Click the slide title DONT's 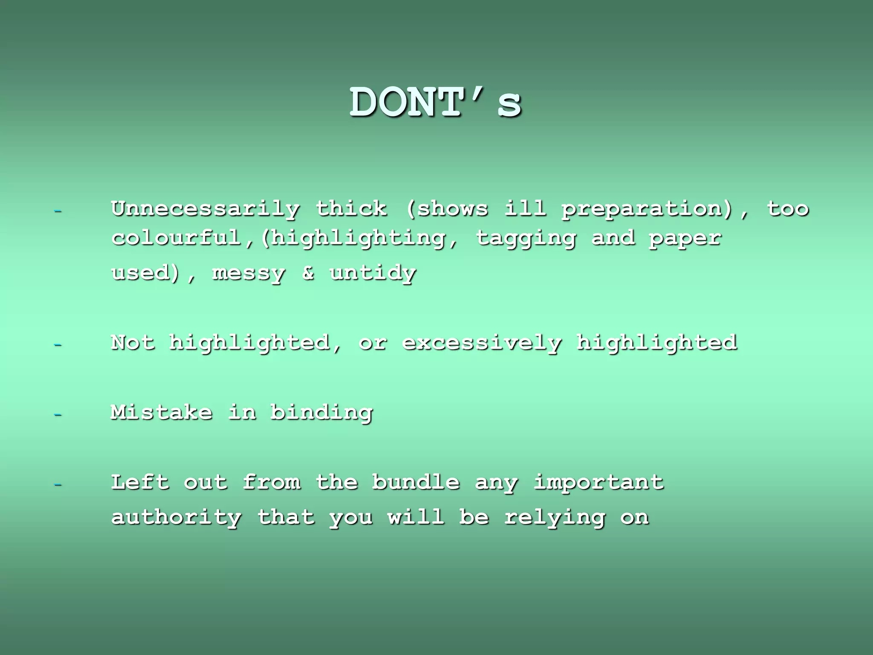pyautogui.click(x=436, y=103)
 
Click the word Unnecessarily pyautogui.click(x=205, y=209)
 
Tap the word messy pyautogui.click(x=249, y=273)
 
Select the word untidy pyautogui.click(x=373, y=273)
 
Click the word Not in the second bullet pyautogui.click(x=133, y=342)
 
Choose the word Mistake pyautogui.click(x=161, y=412)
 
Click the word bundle pyautogui.click(x=416, y=482)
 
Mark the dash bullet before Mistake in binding pyautogui.click(x=58, y=414)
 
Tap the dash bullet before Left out pyautogui.click(x=58, y=484)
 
